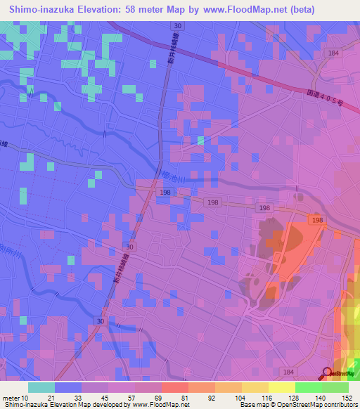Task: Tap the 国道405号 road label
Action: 323,96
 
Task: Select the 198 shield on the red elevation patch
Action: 318,220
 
